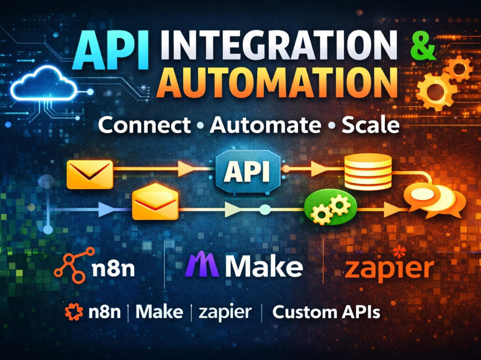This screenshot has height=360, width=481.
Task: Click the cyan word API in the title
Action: tap(111, 50)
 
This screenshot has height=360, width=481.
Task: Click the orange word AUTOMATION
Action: tap(277, 82)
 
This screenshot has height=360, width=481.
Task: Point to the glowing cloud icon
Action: tap(44, 84)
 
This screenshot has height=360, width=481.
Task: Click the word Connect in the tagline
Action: tap(144, 125)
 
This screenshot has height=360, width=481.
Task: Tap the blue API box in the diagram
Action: tap(248, 172)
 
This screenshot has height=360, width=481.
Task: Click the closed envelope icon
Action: tap(90, 174)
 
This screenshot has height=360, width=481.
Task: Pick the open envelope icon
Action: tap(155, 201)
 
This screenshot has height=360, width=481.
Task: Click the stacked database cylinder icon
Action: tap(368, 171)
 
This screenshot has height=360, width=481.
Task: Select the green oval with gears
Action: tap(331, 207)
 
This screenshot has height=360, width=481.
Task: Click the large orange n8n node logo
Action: tap(75, 265)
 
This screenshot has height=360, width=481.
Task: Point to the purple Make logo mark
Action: tap(202, 264)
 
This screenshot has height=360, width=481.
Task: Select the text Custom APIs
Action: tap(326, 312)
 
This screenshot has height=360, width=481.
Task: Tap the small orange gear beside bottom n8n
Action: tap(74, 312)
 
